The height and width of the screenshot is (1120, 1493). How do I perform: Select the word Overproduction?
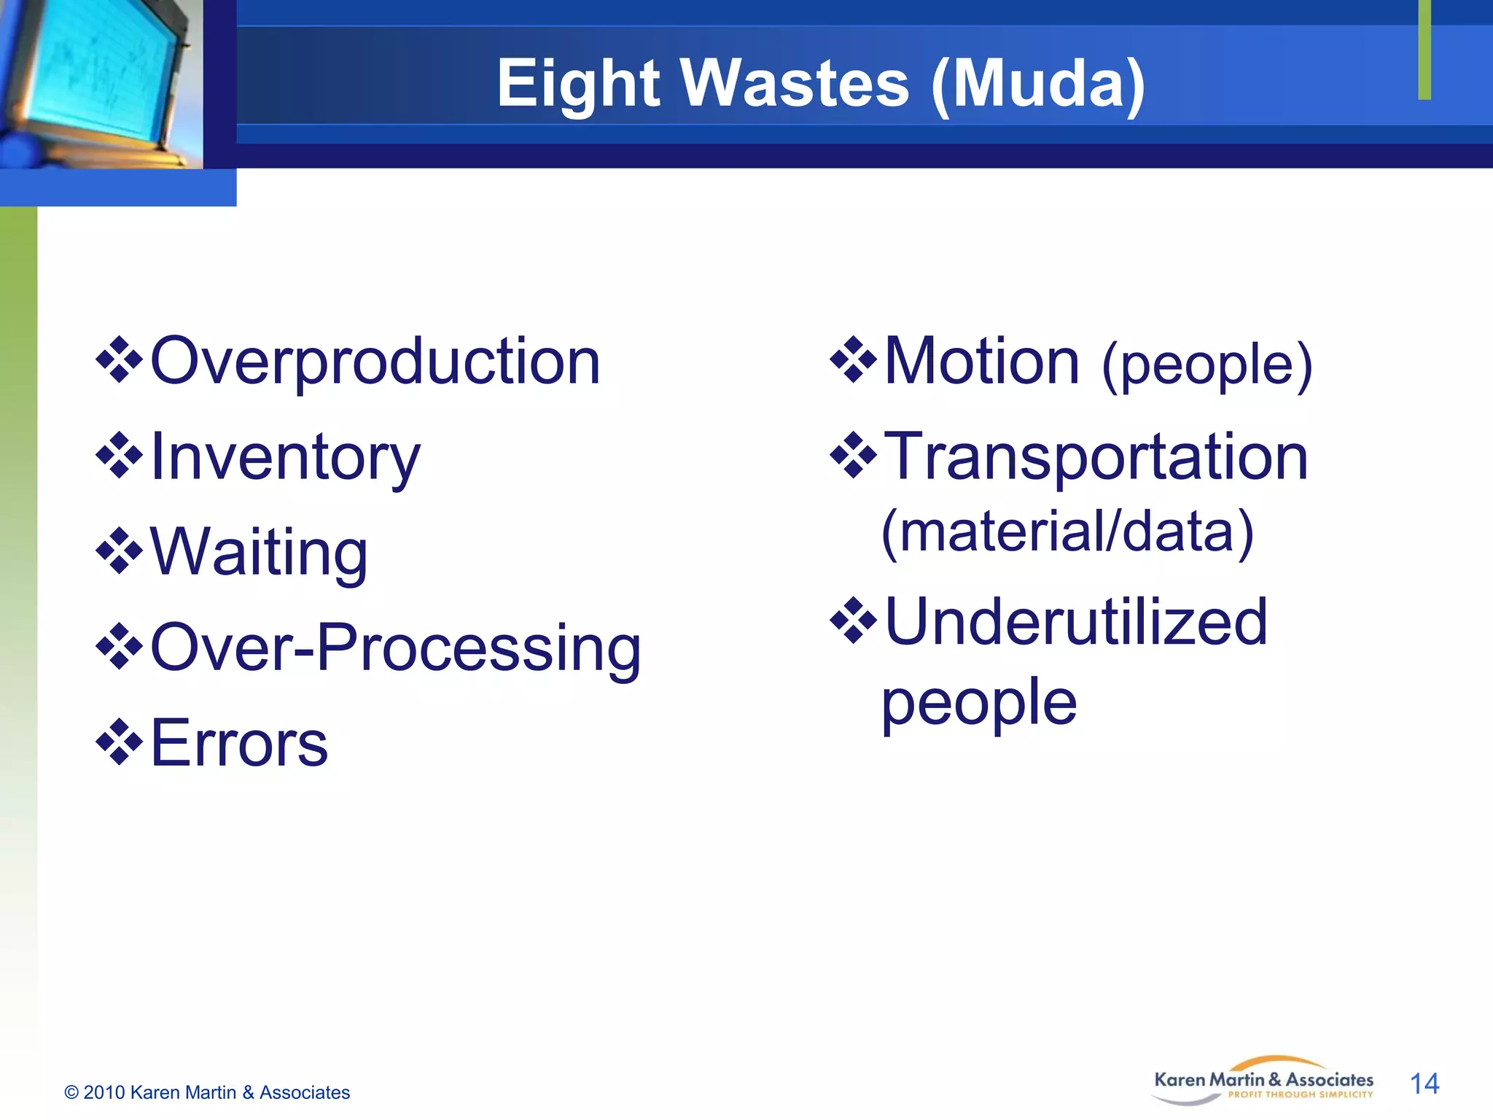(x=375, y=362)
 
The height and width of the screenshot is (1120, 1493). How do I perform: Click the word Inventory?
(x=285, y=457)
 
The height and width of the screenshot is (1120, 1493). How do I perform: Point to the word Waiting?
(x=259, y=553)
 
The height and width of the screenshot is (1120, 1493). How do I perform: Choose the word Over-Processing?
(x=395, y=648)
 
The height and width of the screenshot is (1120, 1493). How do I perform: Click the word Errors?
(x=239, y=743)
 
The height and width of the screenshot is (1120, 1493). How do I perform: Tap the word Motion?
(x=981, y=362)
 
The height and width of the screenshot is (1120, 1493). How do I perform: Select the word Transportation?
(x=1096, y=457)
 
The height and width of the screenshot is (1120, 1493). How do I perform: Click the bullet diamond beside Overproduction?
(x=119, y=360)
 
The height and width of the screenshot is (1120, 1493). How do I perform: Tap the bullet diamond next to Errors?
(x=119, y=742)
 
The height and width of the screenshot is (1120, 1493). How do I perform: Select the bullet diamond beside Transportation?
(x=853, y=456)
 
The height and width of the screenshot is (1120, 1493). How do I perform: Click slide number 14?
(x=1424, y=1084)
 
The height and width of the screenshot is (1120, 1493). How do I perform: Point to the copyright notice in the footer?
(x=207, y=1092)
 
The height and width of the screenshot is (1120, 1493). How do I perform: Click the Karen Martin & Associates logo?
(x=1263, y=1081)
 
